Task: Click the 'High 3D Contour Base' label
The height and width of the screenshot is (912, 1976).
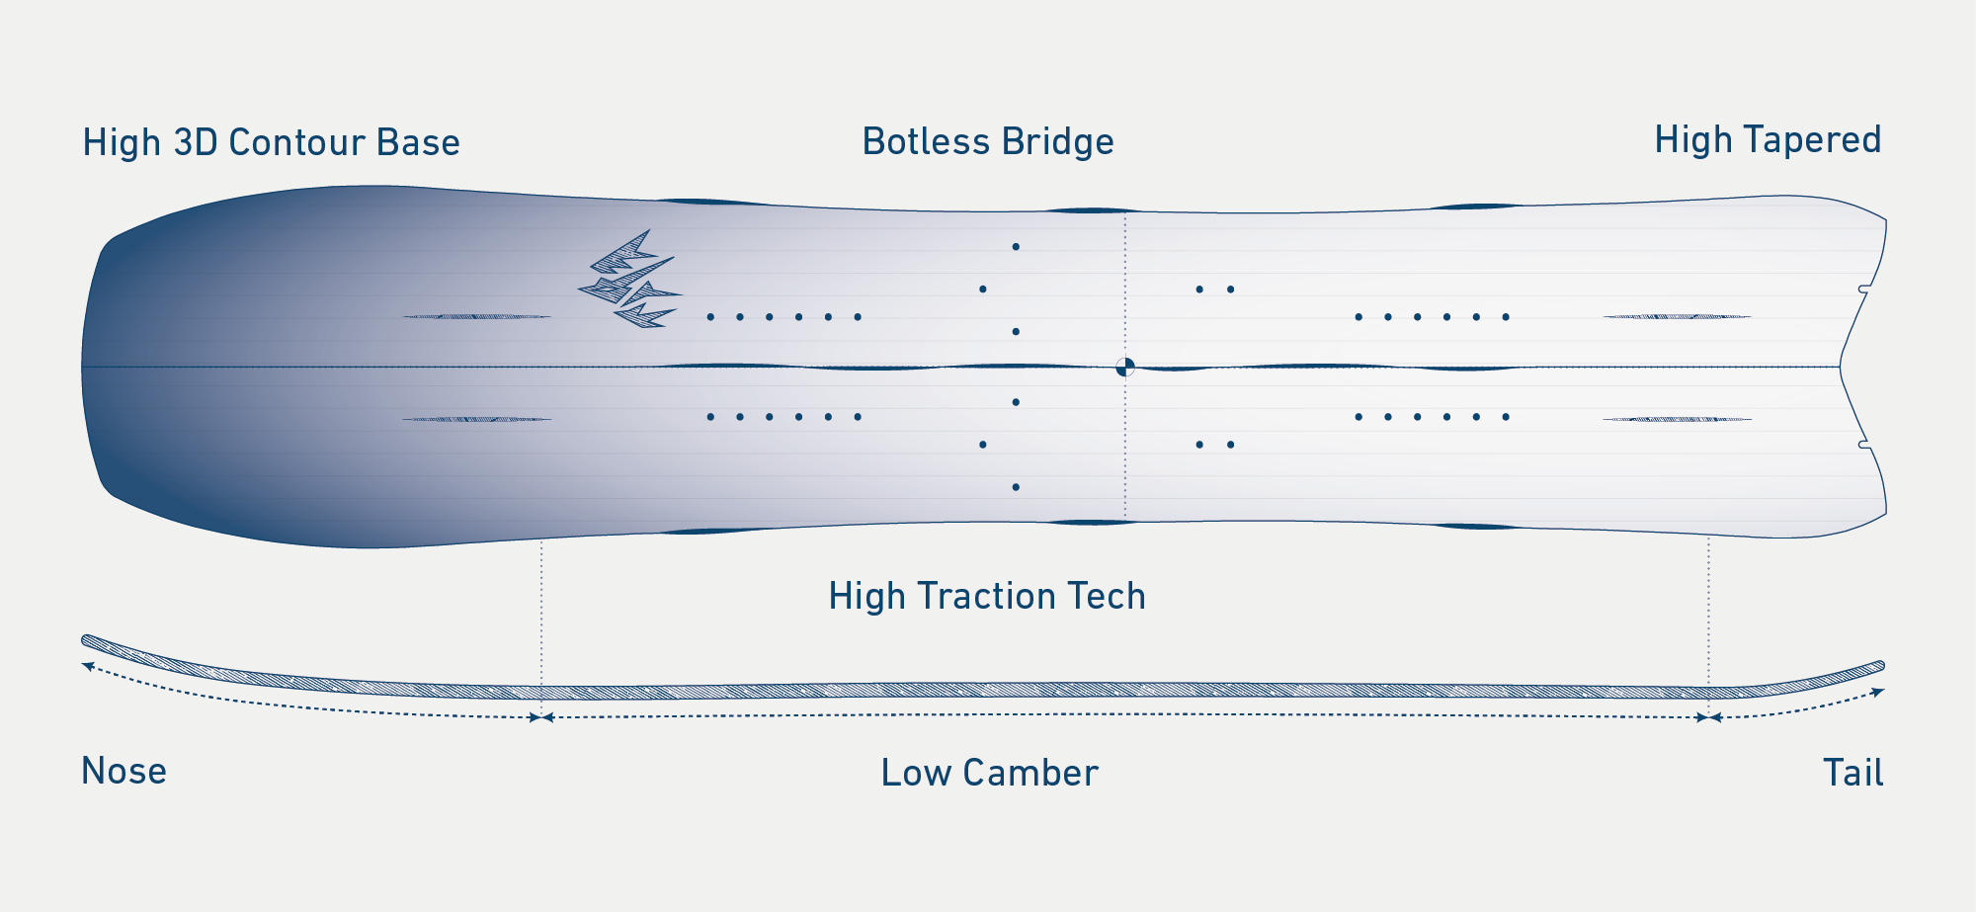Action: pos(271,142)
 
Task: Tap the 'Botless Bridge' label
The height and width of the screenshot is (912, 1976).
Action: pos(988,141)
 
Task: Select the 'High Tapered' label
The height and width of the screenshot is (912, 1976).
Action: pos(1768,139)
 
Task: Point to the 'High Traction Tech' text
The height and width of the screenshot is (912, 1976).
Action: pos(987,596)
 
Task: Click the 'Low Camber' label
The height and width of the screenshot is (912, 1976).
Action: pos(989,773)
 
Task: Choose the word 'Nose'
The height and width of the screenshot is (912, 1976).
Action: pos(123,771)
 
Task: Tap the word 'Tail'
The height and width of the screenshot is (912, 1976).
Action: pos(1852,773)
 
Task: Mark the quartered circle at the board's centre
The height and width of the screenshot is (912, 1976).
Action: pos(1124,367)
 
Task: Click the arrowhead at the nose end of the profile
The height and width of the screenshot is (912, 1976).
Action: pos(88,666)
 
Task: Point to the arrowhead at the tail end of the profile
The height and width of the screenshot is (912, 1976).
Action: pos(1878,692)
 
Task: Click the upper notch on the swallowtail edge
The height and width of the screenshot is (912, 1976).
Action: pos(1863,290)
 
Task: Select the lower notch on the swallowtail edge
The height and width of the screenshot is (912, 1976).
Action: pos(1863,445)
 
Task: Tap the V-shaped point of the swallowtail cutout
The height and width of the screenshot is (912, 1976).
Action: pos(1840,367)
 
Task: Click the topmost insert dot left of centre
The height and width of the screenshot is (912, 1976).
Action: pos(1016,246)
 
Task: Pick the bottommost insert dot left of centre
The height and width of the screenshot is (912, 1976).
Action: pos(1016,487)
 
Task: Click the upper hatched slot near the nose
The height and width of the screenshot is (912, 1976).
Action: pos(476,316)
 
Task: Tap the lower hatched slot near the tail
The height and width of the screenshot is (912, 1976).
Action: pos(1677,419)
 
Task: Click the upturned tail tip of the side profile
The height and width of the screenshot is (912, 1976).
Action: pos(1879,666)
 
